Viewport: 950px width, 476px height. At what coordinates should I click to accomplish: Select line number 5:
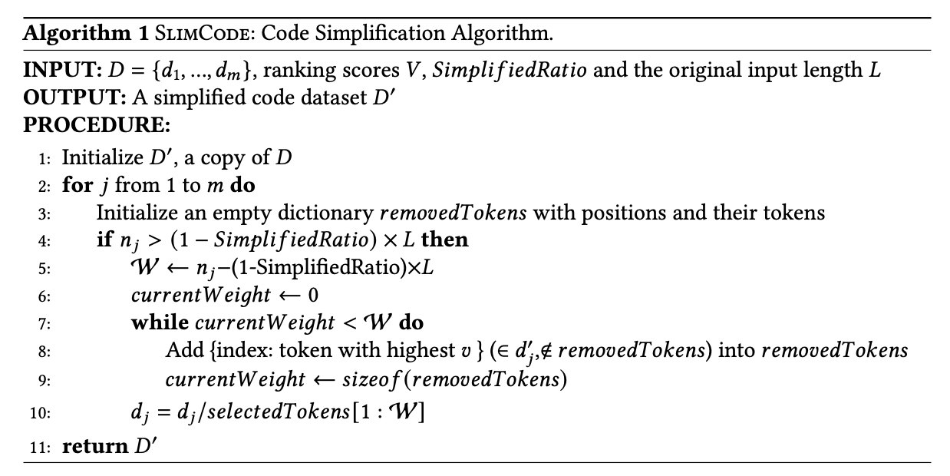coord(45,269)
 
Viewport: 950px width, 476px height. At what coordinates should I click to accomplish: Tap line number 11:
coord(41,446)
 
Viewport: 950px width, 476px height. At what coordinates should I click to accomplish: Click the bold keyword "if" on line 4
coord(104,240)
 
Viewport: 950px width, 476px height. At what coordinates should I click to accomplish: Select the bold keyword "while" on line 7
coord(160,323)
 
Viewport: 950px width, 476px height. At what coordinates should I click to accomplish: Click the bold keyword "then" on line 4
coord(445,240)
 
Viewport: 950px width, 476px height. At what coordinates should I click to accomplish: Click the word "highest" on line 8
coord(417,351)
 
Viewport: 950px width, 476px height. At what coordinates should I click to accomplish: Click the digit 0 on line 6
coord(312,296)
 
